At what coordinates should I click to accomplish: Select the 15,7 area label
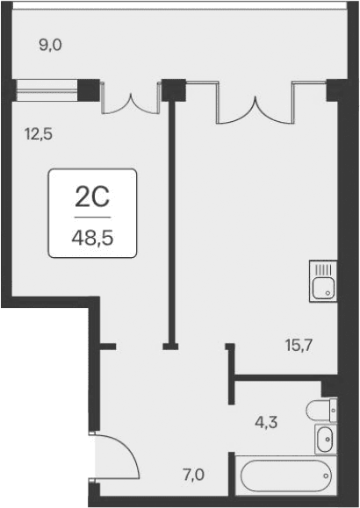pos(299,345)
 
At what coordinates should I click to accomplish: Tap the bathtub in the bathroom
pos(283,476)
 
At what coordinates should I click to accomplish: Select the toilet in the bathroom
pos(322,408)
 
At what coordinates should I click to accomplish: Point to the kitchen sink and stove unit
pos(323,280)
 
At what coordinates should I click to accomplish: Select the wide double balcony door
pos(256,101)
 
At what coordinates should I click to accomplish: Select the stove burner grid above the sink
pos(323,269)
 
